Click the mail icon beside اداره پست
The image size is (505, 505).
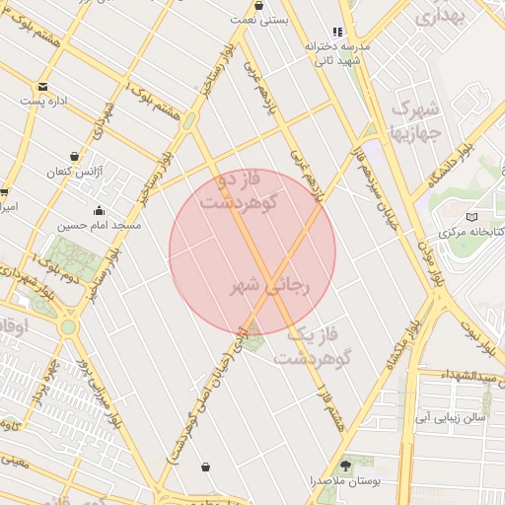tap(24, 100)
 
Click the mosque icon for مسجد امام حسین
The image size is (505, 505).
tap(100, 210)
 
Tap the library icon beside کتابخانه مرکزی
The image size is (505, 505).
tap(470, 216)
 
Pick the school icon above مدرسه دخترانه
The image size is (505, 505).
tap(338, 33)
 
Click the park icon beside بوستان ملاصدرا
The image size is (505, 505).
tap(346, 465)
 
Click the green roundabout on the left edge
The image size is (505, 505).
tap(67, 326)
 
